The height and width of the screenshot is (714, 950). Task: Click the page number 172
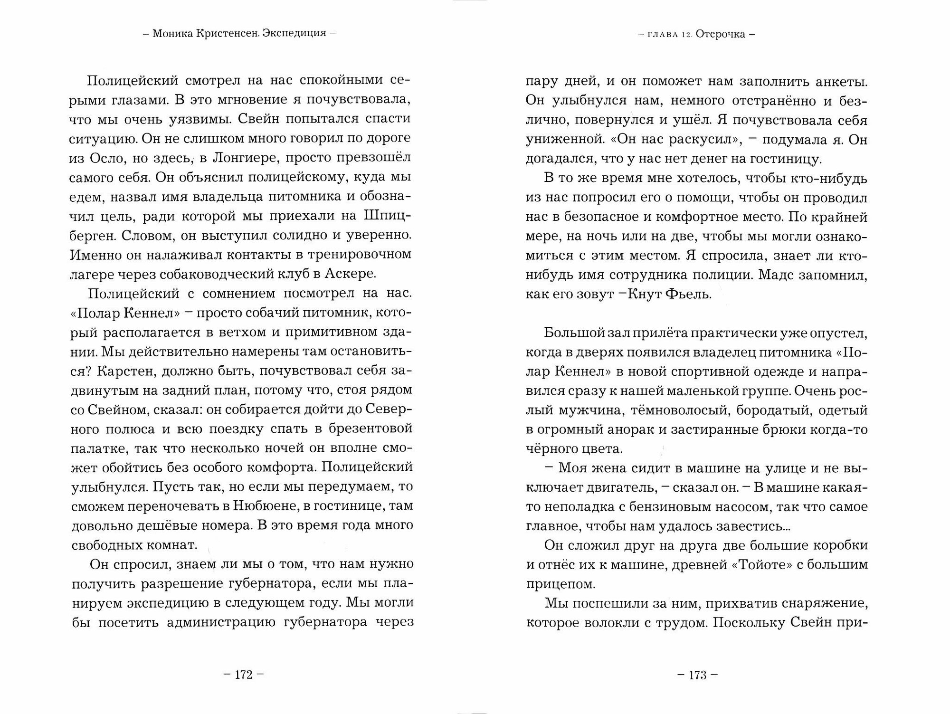point(243,675)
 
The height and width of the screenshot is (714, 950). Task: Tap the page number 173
point(697,675)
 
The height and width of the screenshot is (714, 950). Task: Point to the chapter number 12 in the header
point(681,35)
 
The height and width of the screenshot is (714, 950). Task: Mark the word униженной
point(560,140)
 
